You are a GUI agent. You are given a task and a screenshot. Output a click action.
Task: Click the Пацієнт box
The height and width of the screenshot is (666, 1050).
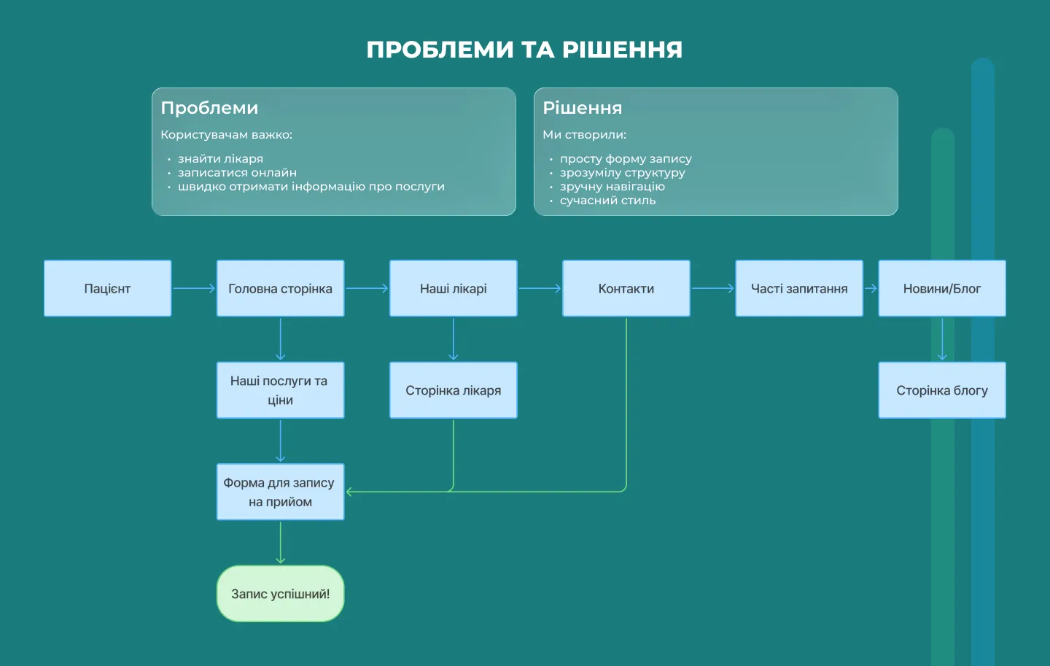coord(107,288)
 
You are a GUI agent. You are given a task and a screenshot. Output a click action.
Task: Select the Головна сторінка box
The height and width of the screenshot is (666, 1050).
coord(280,288)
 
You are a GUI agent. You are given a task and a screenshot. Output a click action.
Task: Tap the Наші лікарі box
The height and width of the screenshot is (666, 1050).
coord(453,288)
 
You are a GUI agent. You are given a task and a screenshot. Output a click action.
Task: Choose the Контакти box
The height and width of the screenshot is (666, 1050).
coord(626,288)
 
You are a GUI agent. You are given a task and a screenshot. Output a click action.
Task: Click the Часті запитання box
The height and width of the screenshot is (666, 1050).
coord(799,288)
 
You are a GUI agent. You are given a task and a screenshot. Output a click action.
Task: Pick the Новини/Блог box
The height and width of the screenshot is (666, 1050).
coord(941,288)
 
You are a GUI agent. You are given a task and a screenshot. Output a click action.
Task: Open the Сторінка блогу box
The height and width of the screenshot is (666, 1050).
coord(941,390)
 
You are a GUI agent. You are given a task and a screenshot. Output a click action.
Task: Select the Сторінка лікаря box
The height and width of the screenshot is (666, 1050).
coord(453,390)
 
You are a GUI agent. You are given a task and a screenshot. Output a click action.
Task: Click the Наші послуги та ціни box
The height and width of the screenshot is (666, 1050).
coord(280,390)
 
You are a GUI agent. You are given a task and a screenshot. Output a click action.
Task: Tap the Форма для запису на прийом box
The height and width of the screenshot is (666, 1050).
coord(280,492)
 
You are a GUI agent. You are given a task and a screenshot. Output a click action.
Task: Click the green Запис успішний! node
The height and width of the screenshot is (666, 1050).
coord(280,594)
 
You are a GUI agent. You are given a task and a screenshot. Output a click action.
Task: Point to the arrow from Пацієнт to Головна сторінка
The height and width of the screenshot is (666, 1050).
coord(194,288)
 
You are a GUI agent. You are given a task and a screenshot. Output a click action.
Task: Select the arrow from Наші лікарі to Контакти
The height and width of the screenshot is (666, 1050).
coord(540,288)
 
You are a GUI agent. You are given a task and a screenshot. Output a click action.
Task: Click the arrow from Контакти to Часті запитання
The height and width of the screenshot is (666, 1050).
coord(712,288)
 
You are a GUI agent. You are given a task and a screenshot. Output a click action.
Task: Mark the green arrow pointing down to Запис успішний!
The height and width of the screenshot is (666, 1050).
coord(280,543)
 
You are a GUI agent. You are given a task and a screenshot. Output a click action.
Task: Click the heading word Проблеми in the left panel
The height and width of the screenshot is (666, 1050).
coord(209,108)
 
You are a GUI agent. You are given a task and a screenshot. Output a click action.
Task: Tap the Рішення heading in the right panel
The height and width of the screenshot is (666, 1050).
coord(582,108)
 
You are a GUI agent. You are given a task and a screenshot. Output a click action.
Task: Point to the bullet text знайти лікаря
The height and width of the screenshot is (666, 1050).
coord(220,158)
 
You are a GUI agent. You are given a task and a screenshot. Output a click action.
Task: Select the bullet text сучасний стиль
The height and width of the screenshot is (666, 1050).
coord(607,200)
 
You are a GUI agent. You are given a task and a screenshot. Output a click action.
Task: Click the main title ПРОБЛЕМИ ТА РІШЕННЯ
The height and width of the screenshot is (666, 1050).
coord(524,50)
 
